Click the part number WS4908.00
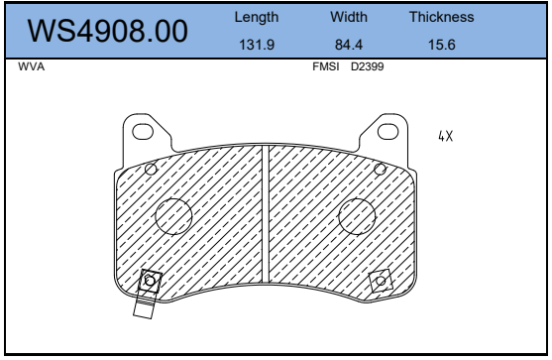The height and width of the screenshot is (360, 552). click(107, 31)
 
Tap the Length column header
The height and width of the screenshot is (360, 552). click(257, 17)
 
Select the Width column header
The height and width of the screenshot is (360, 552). click(349, 17)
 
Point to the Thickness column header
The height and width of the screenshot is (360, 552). click(441, 17)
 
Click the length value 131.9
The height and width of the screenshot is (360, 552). click(257, 45)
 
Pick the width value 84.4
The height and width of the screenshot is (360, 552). click(349, 45)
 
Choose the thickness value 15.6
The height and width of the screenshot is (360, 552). click(441, 45)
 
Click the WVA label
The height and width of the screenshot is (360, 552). click(32, 66)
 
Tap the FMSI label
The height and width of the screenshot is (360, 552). click(326, 66)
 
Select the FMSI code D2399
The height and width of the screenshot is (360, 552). click(368, 66)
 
